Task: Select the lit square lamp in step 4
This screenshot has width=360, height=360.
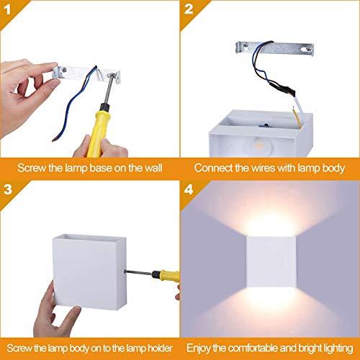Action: click(x=270, y=264)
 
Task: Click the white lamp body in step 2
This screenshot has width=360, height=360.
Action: click(x=259, y=133)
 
